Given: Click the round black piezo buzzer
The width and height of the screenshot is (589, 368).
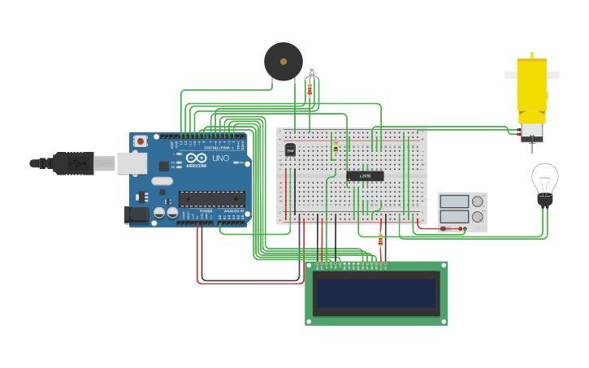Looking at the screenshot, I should pyautogui.click(x=283, y=62).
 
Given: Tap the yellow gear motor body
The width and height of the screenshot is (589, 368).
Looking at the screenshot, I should pyautogui.click(x=532, y=85).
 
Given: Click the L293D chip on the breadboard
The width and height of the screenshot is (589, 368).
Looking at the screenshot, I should pyautogui.click(x=365, y=175).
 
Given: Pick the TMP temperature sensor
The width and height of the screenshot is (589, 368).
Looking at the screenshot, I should pyautogui.click(x=290, y=150).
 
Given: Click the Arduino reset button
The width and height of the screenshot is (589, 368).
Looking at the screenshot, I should pyautogui.click(x=141, y=141).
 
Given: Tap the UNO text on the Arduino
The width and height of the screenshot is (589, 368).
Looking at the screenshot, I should pyautogui.click(x=221, y=158).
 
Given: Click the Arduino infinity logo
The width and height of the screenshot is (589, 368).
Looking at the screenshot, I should pyautogui.click(x=197, y=158).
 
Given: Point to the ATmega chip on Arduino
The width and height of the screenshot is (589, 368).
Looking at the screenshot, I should pyautogui.click(x=211, y=198).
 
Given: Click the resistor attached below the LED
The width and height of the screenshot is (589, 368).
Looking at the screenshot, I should pyautogui.click(x=310, y=89).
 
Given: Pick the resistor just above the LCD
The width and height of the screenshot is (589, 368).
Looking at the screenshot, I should pyautogui.click(x=380, y=240).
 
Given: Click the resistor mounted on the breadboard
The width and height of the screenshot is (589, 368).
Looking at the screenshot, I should pyautogui.click(x=336, y=146).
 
